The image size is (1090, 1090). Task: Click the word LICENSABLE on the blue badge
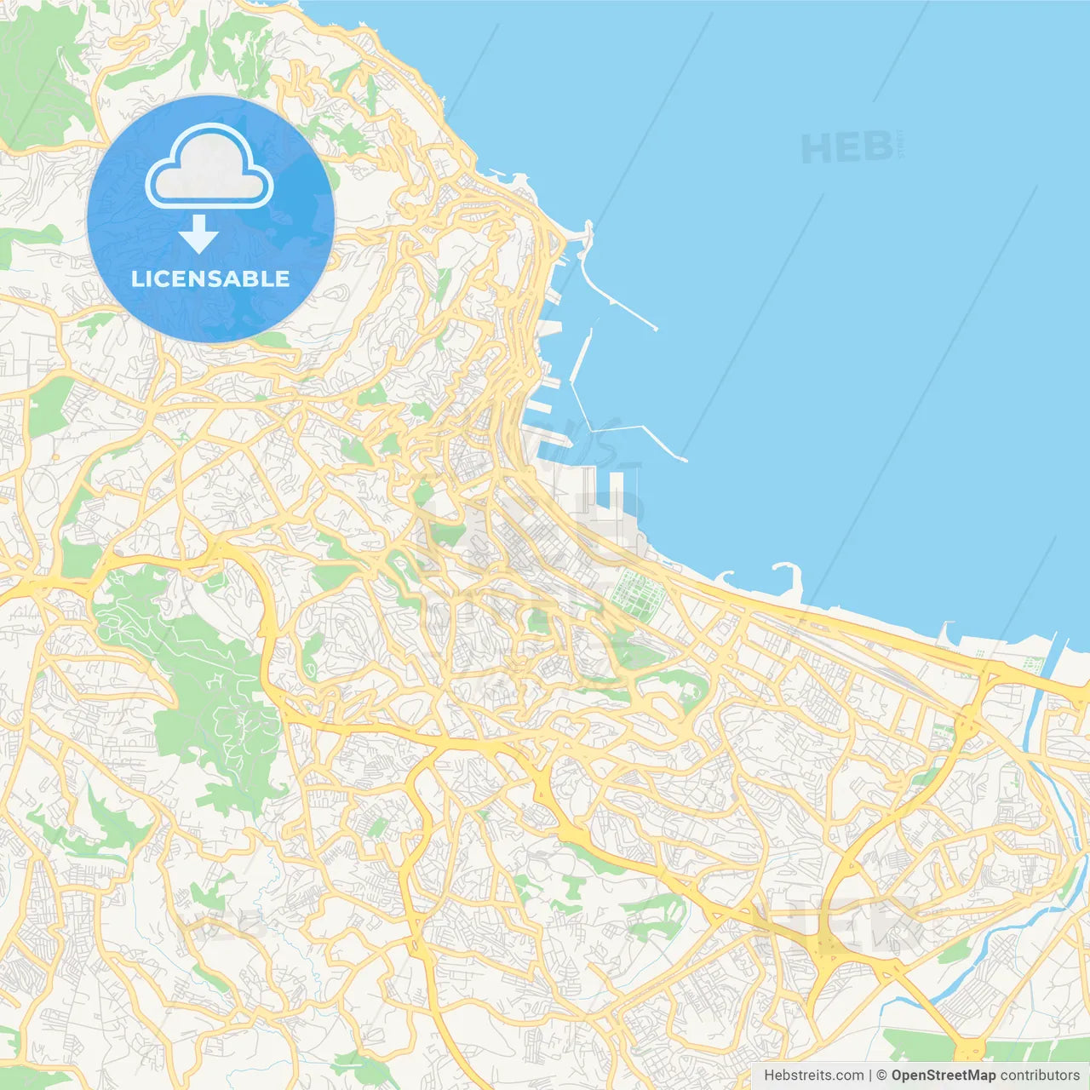coord(210,278)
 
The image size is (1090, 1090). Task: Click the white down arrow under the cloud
coord(198,233)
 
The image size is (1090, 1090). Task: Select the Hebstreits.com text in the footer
coord(813,1076)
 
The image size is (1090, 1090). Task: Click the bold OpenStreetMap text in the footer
coord(943,1076)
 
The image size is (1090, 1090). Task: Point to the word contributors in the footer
coord(1039,1076)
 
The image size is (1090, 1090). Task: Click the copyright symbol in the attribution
coord(881,1076)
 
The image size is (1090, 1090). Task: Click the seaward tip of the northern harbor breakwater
coord(655,328)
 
